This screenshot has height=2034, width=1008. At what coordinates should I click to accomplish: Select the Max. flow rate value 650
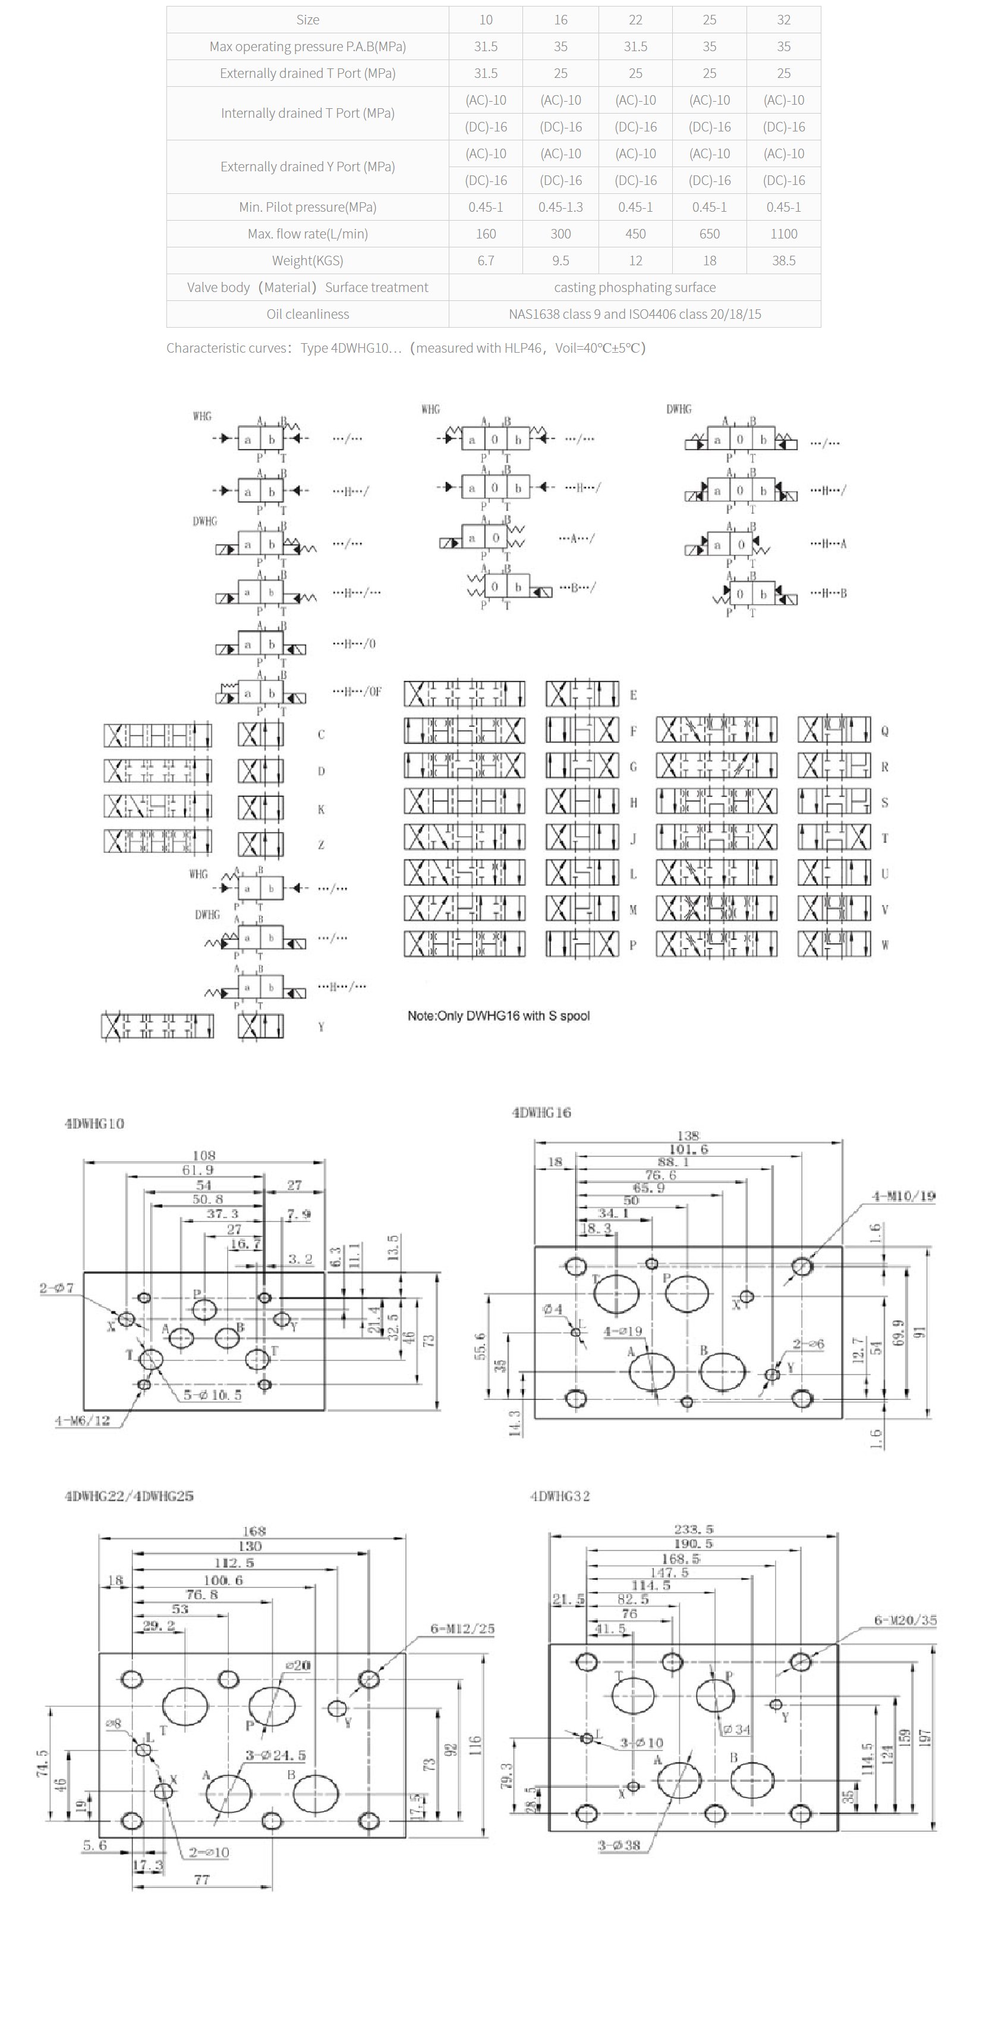click(x=709, y=234)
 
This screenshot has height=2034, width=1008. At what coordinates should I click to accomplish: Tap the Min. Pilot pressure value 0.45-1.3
click(x=560, y=207)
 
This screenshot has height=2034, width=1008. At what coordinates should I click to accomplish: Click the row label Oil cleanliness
click(x=307, y=314)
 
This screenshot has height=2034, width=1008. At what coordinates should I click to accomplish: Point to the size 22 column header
click(x=635, y=20)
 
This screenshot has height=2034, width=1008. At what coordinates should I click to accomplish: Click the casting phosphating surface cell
click(x=635, y=287)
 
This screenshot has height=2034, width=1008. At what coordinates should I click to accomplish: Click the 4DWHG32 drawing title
click(x=560, y=1496)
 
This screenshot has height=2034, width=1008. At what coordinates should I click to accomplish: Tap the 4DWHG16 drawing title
click(x=541, y=1113)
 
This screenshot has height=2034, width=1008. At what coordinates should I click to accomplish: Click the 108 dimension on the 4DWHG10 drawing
click(x=204, y=1155)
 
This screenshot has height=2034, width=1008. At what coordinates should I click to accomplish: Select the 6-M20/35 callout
click(x=905, y=1620)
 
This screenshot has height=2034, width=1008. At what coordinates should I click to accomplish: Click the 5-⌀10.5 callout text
click(x=212, y=1395)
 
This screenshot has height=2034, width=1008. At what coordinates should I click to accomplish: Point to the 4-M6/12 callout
click(x=82, y=1420)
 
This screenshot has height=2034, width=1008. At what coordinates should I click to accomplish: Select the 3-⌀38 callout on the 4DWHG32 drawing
click(x=618, y=1845)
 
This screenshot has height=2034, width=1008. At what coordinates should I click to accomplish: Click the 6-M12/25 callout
click(x=462, y=1628)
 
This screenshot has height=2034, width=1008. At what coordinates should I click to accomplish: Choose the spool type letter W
click(x=885, y=945)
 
